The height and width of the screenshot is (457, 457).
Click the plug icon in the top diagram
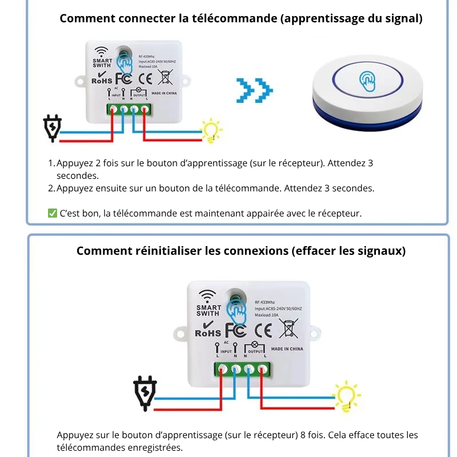click(53, 128)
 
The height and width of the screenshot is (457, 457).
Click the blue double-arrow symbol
click(255, 90)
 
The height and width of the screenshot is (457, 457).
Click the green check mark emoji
click(52, 214)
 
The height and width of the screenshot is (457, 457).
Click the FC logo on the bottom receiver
click(235, 330)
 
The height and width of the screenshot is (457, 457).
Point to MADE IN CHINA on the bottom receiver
click(287, 349)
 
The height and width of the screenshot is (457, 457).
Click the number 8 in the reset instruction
click(303, 435)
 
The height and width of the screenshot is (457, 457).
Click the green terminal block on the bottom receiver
click(241, 370)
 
